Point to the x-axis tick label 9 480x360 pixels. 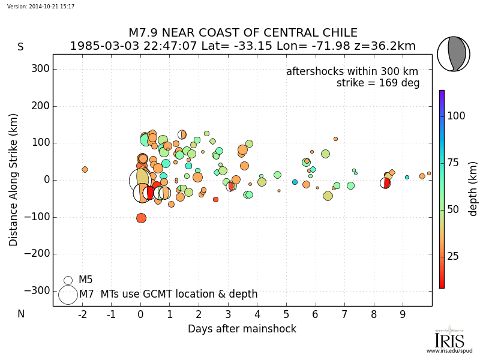tap(403, 314)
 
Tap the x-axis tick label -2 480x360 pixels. tap(82, 314)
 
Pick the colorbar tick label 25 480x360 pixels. tap(453, 257)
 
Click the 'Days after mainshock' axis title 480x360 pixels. tap(242, 329)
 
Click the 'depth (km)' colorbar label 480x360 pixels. tap(473, 189)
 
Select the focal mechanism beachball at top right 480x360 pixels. tap(453, 54)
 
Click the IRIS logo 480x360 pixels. tap(449, 339)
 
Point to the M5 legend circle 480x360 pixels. tap(68, 280)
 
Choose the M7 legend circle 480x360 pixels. tap(68, 295)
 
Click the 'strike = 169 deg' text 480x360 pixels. tap(378, 83)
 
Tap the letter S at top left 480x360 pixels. tap(20, 47)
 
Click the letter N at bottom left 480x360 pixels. tap(20, 314)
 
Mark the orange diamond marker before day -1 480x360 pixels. tap(85, 170)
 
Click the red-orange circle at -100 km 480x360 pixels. tap(141, 218)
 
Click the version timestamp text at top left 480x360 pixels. tap(41, 7)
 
